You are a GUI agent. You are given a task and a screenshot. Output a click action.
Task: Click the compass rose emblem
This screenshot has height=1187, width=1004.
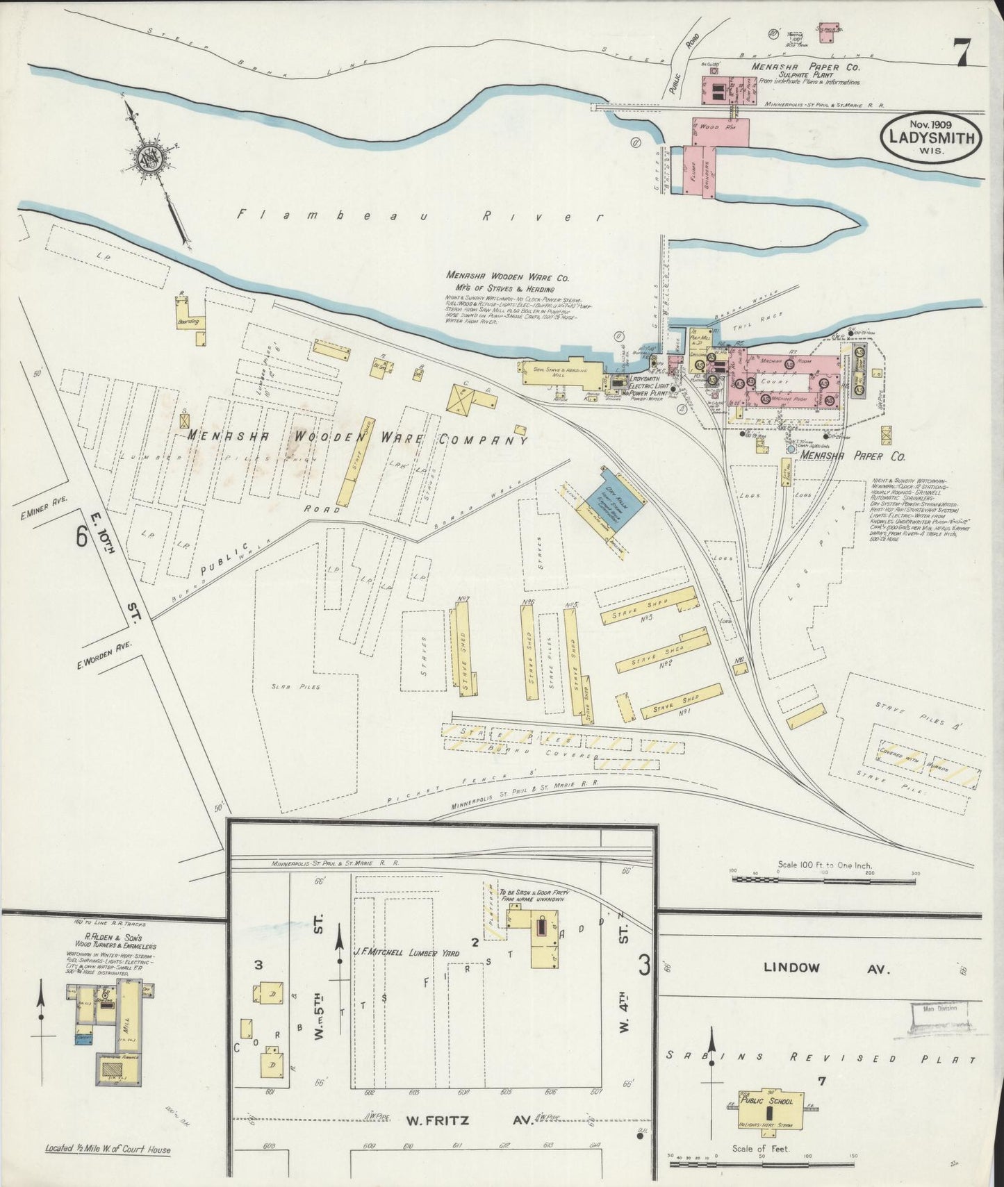point(149,159)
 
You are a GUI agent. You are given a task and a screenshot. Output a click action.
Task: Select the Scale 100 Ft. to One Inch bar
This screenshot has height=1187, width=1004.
point(823,879)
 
